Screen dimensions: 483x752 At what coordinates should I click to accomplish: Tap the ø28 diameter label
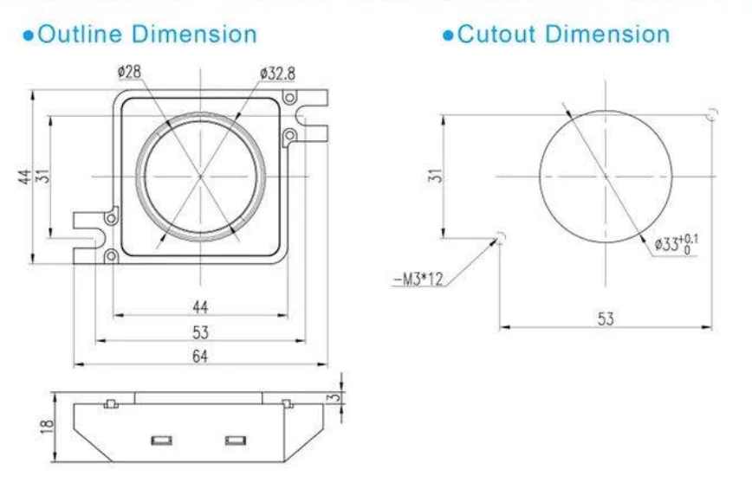click(x=130, y=73)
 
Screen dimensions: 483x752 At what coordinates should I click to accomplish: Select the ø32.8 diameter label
click(x=276, y=74)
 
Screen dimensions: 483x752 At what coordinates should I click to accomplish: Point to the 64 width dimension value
click(x=199, y=356)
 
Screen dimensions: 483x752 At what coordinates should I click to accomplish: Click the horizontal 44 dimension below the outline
click(x=199, y=306)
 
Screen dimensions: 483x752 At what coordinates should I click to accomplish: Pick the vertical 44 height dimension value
click(x=25, y=176)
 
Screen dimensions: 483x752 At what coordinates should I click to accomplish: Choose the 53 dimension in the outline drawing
click(x=199, y=331)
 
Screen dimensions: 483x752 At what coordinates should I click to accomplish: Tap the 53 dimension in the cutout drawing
click(x=605, y=319)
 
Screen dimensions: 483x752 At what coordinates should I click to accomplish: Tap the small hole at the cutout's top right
click(x=711, y=115)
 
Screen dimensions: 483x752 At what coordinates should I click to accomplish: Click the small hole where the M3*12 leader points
click(x=499, y=235)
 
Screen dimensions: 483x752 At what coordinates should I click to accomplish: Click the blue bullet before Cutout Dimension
click(x=447, y=35)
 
